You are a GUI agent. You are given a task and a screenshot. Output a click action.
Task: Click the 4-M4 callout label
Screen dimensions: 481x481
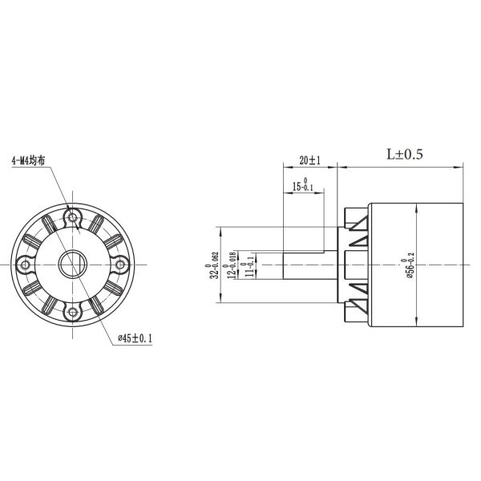[28, 160]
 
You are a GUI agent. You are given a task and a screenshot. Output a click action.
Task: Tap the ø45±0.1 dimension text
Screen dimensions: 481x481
[135, 339]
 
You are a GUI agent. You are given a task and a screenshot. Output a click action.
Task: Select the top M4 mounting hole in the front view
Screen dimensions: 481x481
[74, 216]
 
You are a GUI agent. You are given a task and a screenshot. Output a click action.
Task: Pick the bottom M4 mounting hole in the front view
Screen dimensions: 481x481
[74, 310]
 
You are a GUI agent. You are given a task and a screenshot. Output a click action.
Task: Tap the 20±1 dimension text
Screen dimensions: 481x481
[309, 160]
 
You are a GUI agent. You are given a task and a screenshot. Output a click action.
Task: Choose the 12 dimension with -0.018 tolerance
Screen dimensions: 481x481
[233, 264]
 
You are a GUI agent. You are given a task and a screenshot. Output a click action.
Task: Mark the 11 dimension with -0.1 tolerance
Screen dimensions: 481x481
[252, 264]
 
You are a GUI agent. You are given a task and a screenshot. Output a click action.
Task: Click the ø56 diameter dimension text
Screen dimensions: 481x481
[411, 264]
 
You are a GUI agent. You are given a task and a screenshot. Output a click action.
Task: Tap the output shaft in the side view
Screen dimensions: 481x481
[309, 264]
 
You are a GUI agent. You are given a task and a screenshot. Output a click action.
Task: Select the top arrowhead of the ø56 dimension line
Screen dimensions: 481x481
[419, 207]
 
